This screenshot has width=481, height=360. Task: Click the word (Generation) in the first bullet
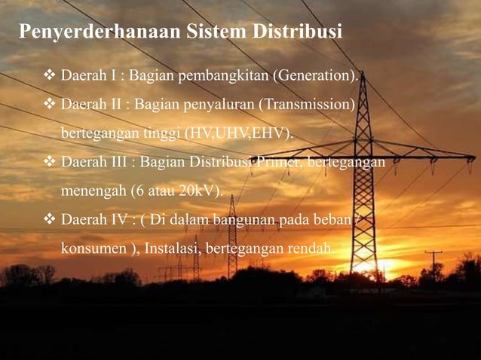(316, 77)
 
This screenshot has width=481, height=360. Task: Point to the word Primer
(278, 163)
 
